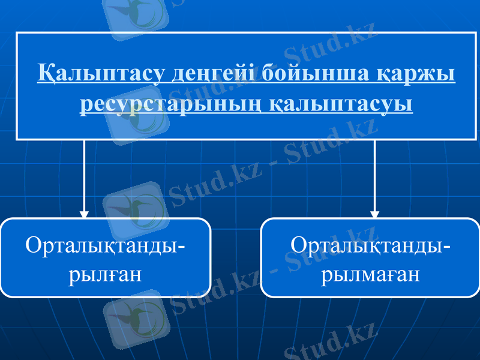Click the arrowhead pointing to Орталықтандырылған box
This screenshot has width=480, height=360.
(x=84, y=214)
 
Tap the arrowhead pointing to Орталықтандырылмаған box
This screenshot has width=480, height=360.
(x=375, y=214)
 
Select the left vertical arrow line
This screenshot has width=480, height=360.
(x=84, y=174)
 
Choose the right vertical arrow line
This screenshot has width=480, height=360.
(x=375, y=174)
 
